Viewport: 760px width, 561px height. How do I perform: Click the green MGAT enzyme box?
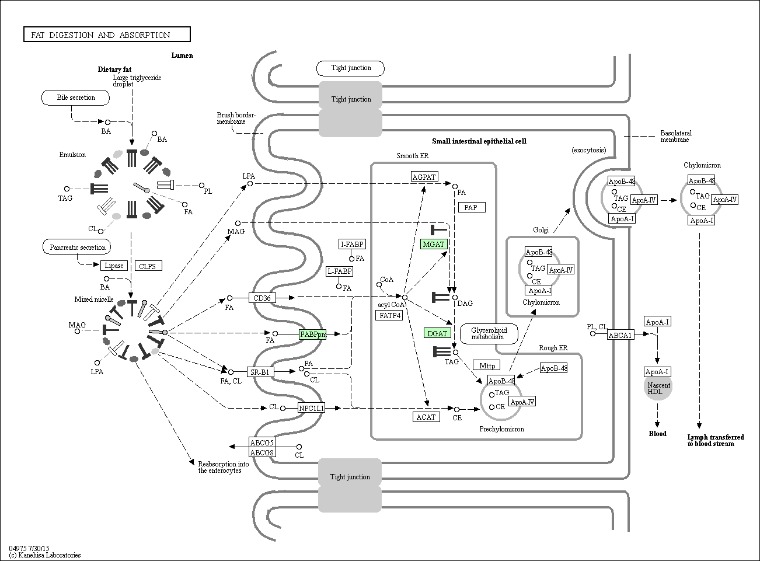pyautogui.click(x=434, y=244)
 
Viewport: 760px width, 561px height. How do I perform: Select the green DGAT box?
pyautogui.click(x=437, y=333)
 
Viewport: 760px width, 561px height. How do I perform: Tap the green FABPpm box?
pyautogui.click(x=312, y=334)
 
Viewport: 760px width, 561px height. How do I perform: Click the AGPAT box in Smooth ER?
pyautogui.click(x=424, y=177)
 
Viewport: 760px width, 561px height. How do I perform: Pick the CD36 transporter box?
pyautogui.click(x=262, y=298)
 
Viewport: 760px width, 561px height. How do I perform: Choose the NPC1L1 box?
pyautogui.click(x=311, y=408)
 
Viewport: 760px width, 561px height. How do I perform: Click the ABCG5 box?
pyautogui.click(x=262, y=442)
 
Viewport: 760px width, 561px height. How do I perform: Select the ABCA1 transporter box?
pyautogui.click(x=620, y=335)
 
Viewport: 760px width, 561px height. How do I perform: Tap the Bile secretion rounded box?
pyautogui.click(x=76, y=97)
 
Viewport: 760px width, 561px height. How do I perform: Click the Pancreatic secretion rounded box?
pyautogui.click(x=78, y=248)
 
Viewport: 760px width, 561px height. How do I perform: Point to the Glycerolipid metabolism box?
pyautogui.click(x=489, y=333)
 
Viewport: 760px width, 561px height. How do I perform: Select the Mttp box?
pyautogui.click(x=487, y=365)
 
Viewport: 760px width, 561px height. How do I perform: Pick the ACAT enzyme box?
pyautogui.click(x=426, y=417)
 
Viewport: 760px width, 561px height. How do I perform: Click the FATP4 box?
pyautogui.click(x=390, y=316)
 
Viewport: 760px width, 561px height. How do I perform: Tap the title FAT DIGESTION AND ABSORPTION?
pyautogui.click(x=107, y=35)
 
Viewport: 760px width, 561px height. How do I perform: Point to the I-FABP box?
pyautogui.click(x=352, y=244)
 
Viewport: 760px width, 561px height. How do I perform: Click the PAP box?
pyautogui.click(x=471, y=207)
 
